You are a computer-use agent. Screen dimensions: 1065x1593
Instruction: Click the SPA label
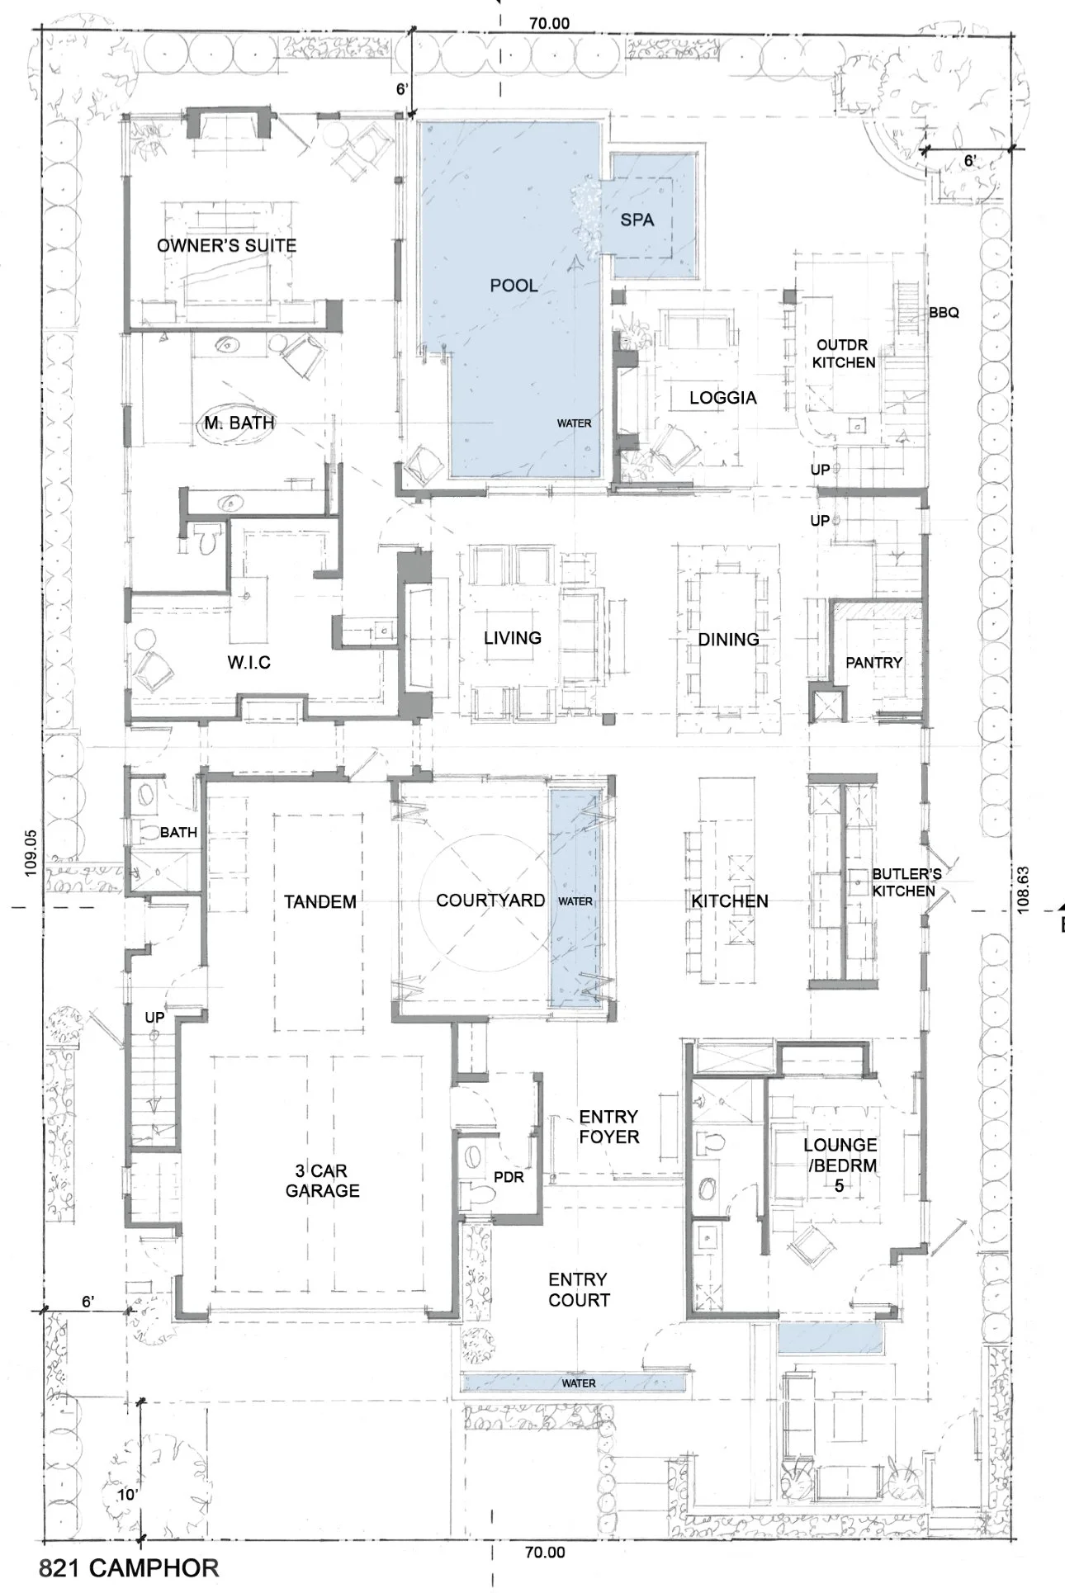click(637, 220)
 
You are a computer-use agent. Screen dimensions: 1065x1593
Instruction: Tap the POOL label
click(514, 286)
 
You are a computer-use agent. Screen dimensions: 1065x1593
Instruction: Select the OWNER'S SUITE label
click(226, 245)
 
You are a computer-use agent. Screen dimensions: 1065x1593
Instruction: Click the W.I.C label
click(248, 663)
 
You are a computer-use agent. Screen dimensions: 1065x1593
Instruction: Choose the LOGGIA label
click(723, 398)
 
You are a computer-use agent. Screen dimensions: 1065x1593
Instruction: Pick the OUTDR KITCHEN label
click(844, 353)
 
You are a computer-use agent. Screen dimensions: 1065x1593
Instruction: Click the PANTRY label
click(873, 663)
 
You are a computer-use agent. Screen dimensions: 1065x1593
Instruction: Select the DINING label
click(728, 639)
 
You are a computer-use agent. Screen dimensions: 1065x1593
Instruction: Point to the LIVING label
click(513, 637)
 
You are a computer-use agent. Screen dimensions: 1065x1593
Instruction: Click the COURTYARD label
click(490, 900)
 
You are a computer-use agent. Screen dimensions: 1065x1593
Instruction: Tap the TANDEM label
click(320, 901)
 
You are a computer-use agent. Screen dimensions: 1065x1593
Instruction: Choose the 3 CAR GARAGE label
click(323, 1180)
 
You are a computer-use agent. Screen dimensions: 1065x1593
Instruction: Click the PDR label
click(509, 1177)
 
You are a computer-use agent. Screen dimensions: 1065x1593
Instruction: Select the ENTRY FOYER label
click(609, 1127)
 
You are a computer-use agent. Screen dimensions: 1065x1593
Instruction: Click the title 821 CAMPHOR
click(129, 1567)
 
